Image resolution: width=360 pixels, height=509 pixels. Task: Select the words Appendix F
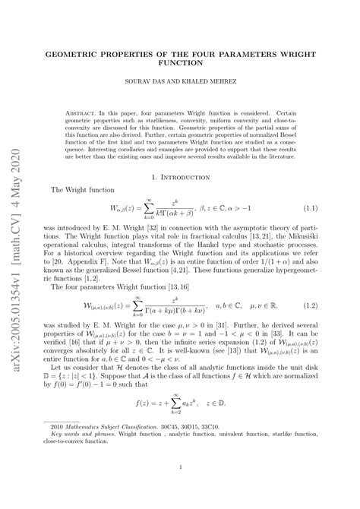pos(93,269)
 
